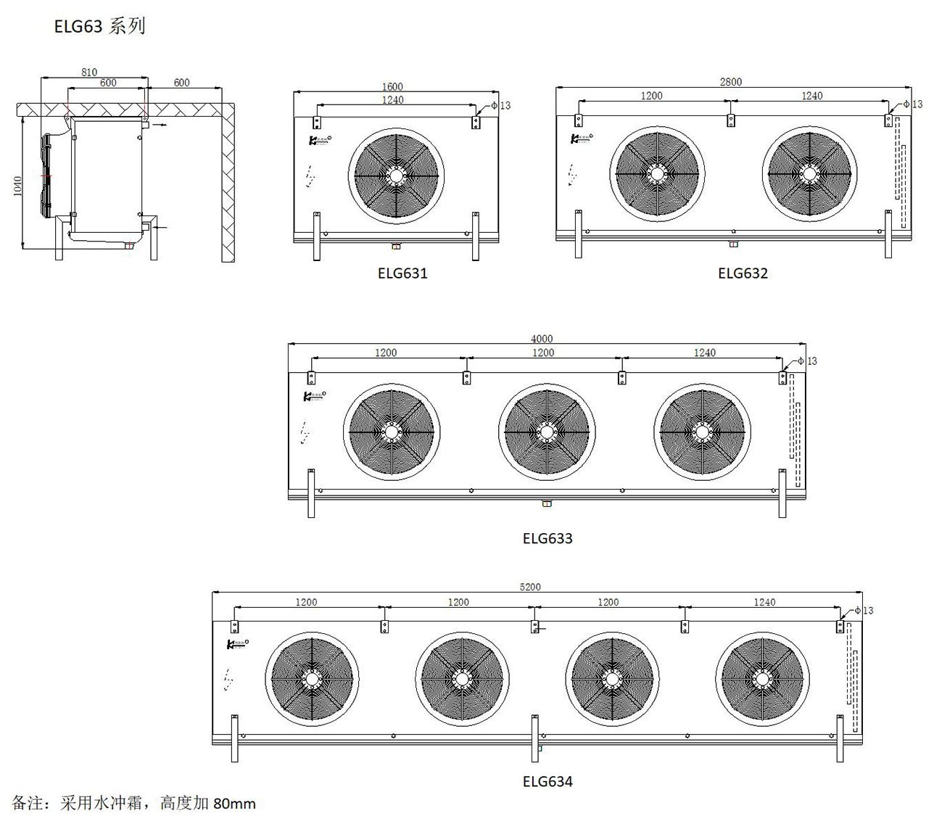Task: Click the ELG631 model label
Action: coord(402,273)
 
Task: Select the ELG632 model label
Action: coord(743,273)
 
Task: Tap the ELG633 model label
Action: coord(547,538)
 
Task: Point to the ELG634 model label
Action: coord(547,781)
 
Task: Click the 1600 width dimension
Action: coord(392,87)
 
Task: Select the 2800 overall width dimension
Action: coord(731,82)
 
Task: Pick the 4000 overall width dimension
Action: coord(542,339)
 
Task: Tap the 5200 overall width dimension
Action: coord(530,587)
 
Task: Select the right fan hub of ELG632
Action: coord(810,174)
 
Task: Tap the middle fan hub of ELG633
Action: coord(547,432)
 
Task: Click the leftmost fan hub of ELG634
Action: coord(312,680)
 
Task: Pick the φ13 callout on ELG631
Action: coord(501,106)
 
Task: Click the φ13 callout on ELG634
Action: coord(864,611)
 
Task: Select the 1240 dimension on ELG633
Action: coord(705,352)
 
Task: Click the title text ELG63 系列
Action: coord(99,26)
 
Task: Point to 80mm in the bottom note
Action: coord(234,804)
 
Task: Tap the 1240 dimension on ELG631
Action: coord(392,100)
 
